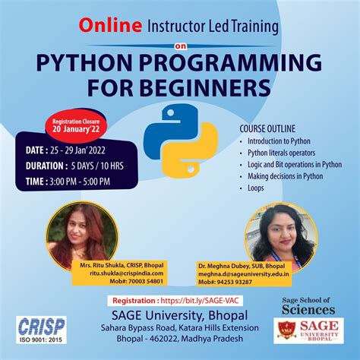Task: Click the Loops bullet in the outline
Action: [255, 188]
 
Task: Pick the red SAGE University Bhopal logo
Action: [308, 330]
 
